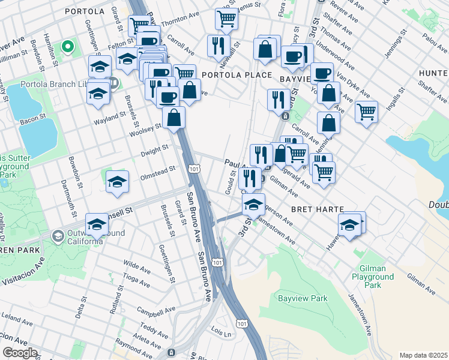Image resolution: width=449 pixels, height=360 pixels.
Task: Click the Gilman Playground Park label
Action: coord(376,277)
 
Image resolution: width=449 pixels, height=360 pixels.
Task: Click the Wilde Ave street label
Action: coord(135,263)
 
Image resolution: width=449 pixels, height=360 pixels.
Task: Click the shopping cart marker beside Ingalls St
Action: coord(366,112)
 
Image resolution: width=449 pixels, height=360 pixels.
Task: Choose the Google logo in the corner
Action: coord(19,353)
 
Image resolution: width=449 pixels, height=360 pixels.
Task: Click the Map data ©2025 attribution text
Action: coord(423,355)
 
